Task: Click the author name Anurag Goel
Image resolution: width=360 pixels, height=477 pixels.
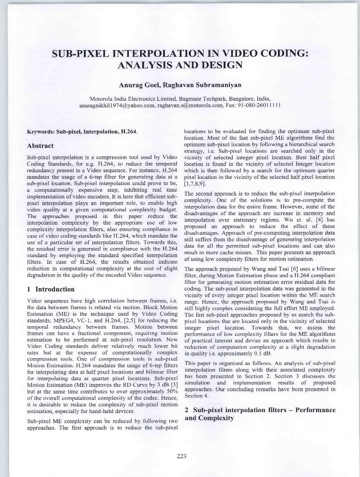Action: point(139,86)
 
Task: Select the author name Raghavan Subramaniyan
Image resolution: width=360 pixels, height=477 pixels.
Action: point(202,86)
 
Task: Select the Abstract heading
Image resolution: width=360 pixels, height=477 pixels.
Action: point(41,145)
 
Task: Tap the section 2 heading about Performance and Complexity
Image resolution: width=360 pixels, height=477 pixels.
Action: point(260,414)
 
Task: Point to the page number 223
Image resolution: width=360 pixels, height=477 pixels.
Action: point(181,456)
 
